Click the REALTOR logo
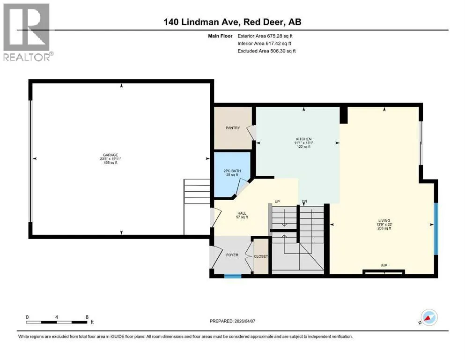pyautogui.click(x=28, y=32)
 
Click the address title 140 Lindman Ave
pyautogui.click(x=203, y=22)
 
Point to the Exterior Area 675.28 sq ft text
pyautogui.click(x=265, y=36)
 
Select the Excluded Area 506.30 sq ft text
pyautogui.click(x=266, y=51)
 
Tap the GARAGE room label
pyautogui.click(x=111, y=155)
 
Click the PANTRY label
pyautogui.click(x=233, y=128)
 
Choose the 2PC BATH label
pyautogui.click(x=232, y=171)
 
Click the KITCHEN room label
pyautogui.click(x=303, y=139)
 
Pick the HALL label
pyautogui.click(x=242, y=213)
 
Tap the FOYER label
pyautogui.click(x=232, y=255)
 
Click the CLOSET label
pyautogui.click(x=261, y=256)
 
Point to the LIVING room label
pyautogui.click(x=384, y=220)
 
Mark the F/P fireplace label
pyautogui.click(x=384, y=265)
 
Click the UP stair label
pyautogui.click(x=277, y=202)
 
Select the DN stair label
pyautogui.click(x=304, y=202)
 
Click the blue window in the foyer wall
pyautogui.click(x=233, y=277)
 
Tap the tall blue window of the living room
pyautogui.click(x=436, y=229)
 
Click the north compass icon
pyautogui.click(x=428, y=317)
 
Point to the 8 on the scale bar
pyautogui.click(x=87, y=317)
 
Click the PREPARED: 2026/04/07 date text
pyautogui.click(x=232, y=321)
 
